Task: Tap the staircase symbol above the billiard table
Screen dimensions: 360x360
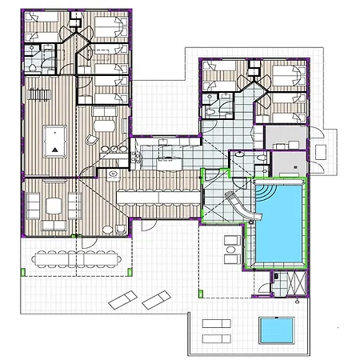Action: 38,94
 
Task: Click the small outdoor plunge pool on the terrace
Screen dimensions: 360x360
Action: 275,329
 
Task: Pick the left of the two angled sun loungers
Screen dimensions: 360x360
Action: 122,301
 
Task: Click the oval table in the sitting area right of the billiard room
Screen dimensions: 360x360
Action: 103,124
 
